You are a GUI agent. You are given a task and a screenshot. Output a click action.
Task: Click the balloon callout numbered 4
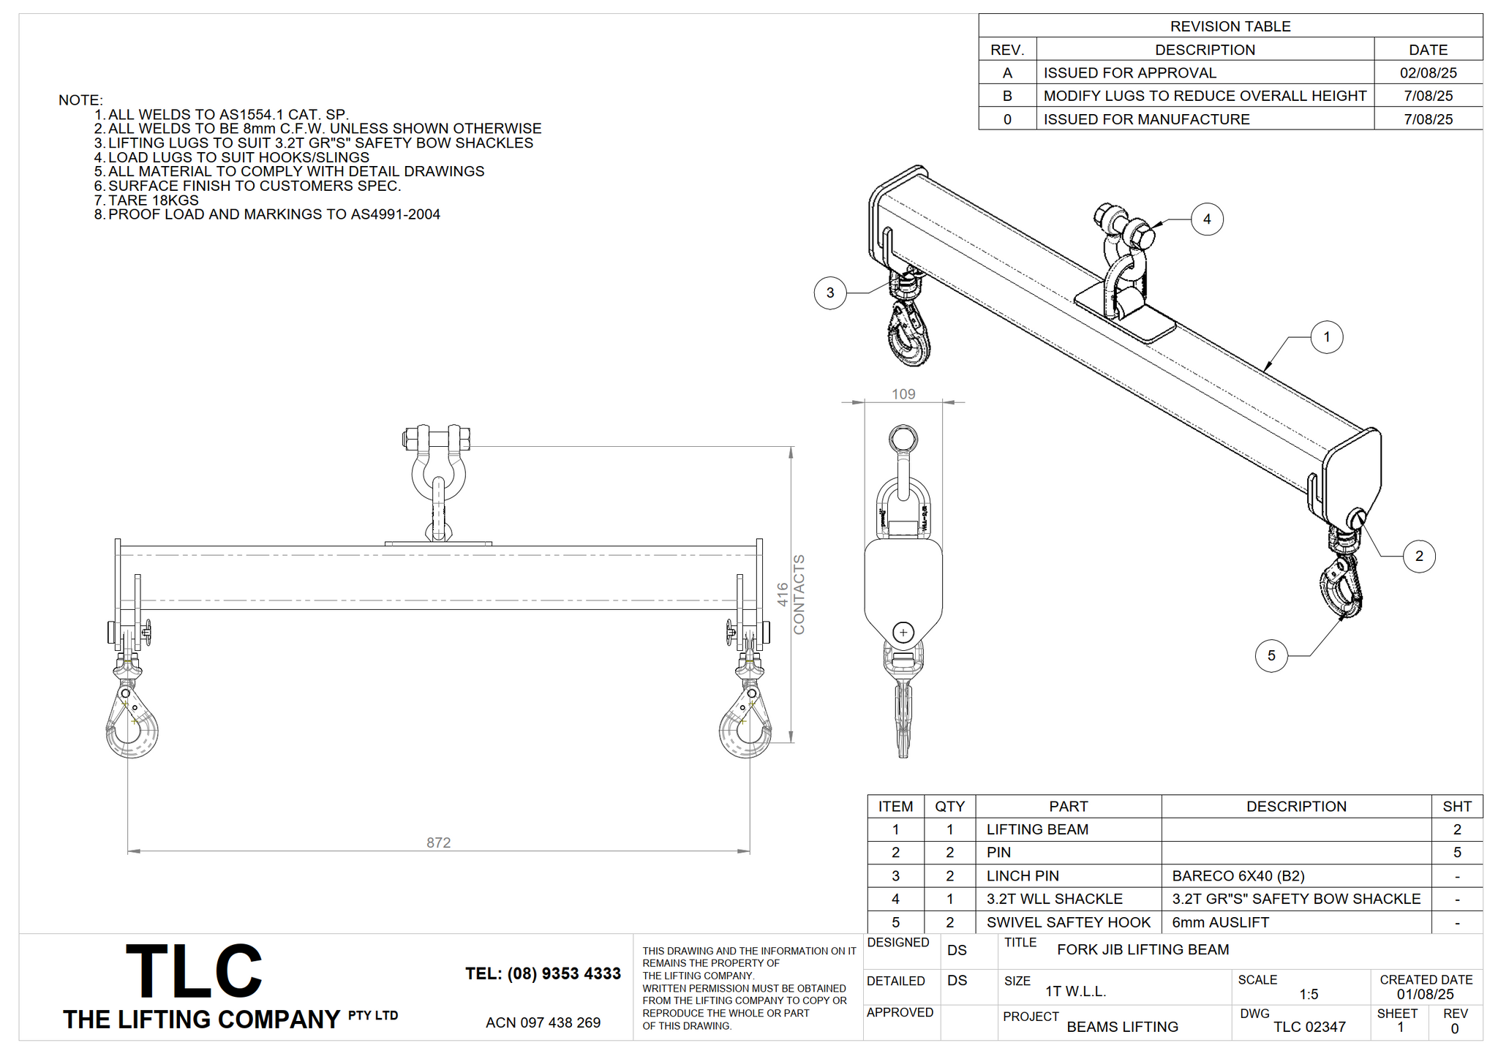click(x=1207, y=219)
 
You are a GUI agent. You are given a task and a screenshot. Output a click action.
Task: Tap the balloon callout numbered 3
click(x=830, y=293)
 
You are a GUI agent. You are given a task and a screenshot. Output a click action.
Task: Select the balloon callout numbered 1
click(x=1327, y=337)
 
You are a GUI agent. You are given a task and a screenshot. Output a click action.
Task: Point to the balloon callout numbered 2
click(x=1419, y=556)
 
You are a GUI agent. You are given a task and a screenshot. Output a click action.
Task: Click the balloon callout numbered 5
click(x=1271, y=655)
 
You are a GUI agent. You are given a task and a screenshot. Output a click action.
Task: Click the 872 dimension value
click(x=438, y=843)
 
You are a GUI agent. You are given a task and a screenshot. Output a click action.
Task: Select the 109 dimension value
click(x=903, y=394)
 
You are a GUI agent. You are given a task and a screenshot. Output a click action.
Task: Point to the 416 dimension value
click(x=782, y=595)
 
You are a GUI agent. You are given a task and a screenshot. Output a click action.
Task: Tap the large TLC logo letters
click(x=194, y=971)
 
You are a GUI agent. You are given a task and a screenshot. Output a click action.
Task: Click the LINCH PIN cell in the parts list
click(x=1023, y=875)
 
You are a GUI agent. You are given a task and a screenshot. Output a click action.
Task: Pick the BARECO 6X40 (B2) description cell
click(x=1238, y=875)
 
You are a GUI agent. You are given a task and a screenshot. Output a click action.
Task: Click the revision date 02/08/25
click(x=1429, y=72)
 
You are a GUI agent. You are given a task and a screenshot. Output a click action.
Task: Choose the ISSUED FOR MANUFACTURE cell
click(x=1146, y=119)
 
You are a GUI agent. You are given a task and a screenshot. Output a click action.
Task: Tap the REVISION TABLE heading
click(x=1230, y=26)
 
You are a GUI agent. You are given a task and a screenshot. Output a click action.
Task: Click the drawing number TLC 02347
click(x=1309, y=1027)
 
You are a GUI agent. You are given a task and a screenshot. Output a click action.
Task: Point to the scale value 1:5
click(x=1309, y=994)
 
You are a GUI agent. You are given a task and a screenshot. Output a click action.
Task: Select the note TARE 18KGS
click(x=153, y=200)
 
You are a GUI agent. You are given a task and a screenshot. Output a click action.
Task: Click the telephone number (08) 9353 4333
click(x=564, y=973)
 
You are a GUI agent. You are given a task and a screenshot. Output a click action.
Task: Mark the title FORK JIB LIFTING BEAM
click(x=1143, y=949)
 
